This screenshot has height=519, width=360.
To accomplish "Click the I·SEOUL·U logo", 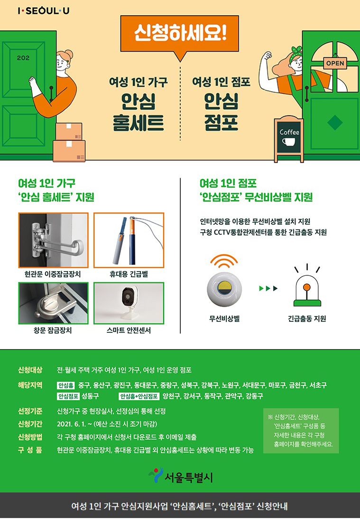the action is coord(44,11).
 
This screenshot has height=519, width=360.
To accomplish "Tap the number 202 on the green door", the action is coord(23,58).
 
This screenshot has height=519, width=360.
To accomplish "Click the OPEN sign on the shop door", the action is coord(335,63).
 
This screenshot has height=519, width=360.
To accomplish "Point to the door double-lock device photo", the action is coord(53,240).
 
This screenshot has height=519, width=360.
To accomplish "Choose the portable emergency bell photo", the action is coord(129,240).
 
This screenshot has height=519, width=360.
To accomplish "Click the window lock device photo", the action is coord(53,303).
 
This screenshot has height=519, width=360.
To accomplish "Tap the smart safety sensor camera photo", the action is coord(129,303).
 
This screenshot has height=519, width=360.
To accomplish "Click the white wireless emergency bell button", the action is coord(224,289).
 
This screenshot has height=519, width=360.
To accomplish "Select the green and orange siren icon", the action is coord(307,290).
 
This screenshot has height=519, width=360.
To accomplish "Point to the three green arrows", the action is coord(268,289).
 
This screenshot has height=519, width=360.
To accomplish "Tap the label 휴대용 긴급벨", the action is coord(129,274).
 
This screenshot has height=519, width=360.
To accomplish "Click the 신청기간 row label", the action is coord(30,424).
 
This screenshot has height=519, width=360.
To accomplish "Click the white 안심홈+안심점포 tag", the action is coord(139,396).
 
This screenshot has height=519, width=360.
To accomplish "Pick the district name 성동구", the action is coord(91,396).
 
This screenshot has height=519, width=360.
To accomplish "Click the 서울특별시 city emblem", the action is coord(156,475).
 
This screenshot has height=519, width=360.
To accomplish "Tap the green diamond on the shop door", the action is coord(335,122).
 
